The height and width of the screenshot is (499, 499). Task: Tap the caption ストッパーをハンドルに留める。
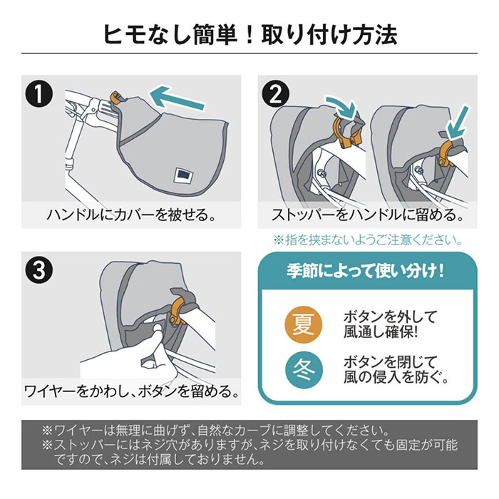(368, 214)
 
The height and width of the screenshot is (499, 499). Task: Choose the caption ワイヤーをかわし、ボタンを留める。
(131, 391)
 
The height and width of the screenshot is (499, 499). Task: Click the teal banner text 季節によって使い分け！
(366, 271)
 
